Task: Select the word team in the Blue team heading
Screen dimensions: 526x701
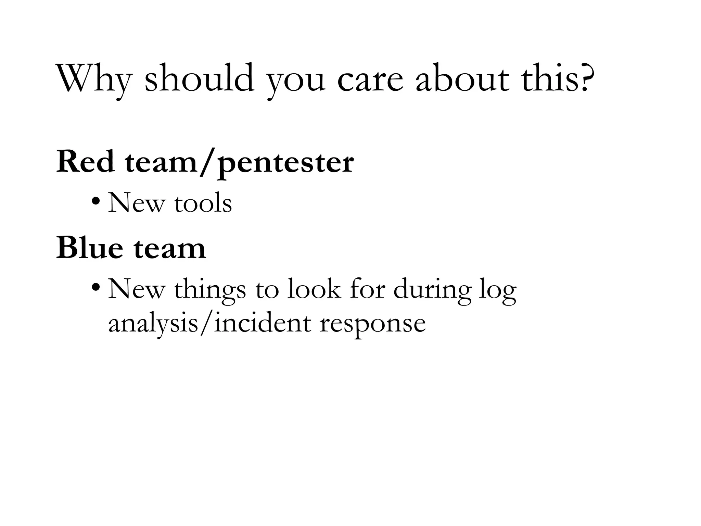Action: pyautogui.click(x=170, y=249)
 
